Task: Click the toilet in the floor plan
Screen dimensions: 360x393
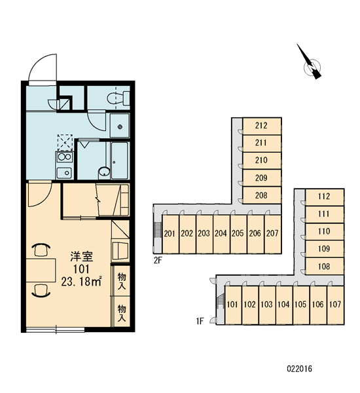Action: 118,98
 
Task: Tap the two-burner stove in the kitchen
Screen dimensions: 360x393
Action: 65,157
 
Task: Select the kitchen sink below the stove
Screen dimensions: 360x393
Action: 65,173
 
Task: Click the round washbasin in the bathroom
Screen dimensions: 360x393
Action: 104,172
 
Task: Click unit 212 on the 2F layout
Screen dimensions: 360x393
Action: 262,126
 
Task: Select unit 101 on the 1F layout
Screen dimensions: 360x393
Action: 233,305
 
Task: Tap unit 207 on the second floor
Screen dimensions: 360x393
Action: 272,234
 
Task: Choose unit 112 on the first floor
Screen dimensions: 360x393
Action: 325,197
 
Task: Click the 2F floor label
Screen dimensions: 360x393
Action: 158,261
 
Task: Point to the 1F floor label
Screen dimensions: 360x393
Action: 200,322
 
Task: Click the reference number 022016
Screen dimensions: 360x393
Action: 299,369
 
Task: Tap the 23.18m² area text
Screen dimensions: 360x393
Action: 81,282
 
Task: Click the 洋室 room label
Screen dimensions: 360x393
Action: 81,256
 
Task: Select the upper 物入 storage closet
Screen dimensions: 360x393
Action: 122,281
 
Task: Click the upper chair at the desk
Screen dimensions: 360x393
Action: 41,250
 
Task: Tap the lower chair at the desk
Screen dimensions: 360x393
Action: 41,291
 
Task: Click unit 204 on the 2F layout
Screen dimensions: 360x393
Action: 221,234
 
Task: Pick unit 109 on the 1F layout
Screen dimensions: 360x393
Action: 325,249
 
